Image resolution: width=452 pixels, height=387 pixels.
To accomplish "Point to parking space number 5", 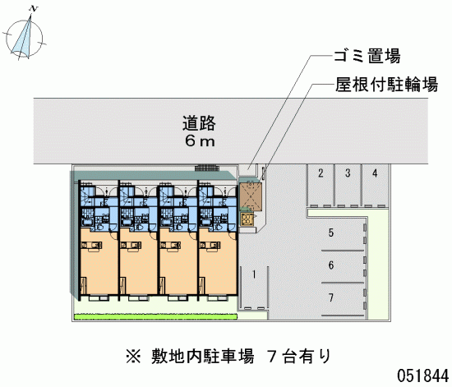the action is pos(343,234).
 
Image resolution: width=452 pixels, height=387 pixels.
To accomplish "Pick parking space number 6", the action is pos(343,266).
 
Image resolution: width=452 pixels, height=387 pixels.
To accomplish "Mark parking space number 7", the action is pos(343,299).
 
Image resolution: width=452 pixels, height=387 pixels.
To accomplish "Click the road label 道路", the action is pos(199,123).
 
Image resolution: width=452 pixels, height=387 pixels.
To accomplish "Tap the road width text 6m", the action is pos(200,141).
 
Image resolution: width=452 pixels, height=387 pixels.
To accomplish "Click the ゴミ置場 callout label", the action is pos(367,56).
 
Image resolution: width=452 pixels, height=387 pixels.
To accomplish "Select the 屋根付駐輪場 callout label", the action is pos(386,85).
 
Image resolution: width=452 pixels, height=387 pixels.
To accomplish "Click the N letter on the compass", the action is pos(34,9).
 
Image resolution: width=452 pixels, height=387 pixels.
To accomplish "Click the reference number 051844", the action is pos(423,375).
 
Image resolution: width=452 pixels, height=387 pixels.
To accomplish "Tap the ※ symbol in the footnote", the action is pos(133,356).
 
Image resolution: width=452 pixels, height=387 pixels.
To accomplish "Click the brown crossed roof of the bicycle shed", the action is pos(251,196).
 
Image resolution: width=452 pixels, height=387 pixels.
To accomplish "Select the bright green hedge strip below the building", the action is pos(155,316).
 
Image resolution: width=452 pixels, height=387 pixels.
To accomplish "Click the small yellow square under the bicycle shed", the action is pos(247,219).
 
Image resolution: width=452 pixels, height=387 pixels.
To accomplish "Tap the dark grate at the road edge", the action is pos(207,168).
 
